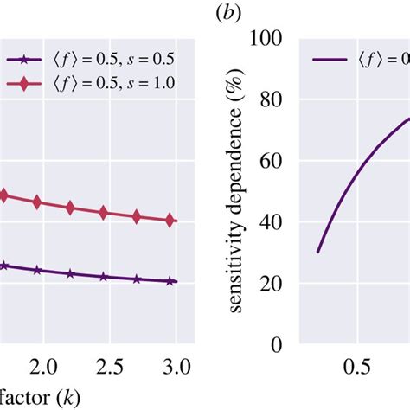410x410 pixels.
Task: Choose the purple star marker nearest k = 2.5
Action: click(x=104, y=277)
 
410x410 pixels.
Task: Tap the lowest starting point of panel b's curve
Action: click(x=317, y=252)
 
